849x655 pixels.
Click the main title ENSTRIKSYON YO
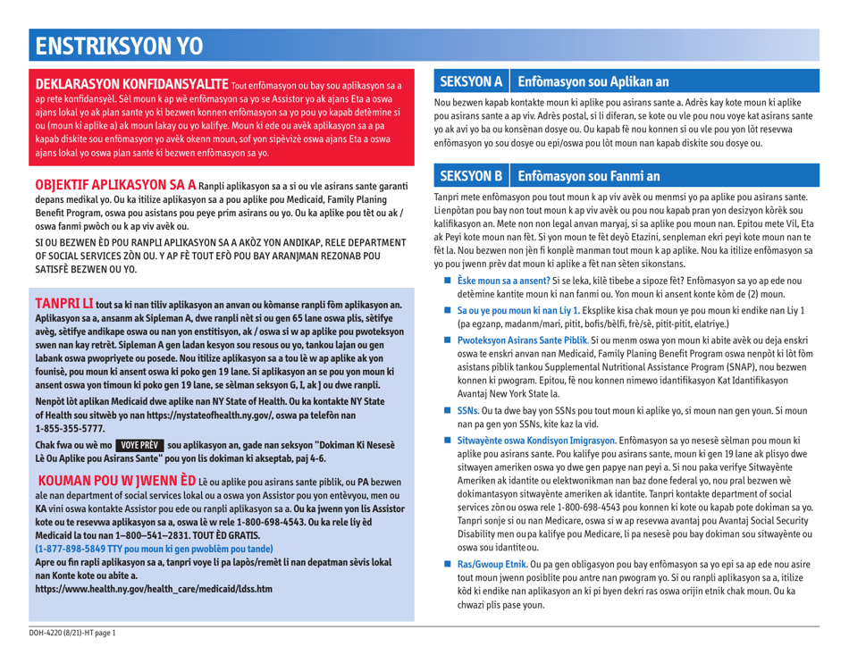(x=113, y=42)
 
